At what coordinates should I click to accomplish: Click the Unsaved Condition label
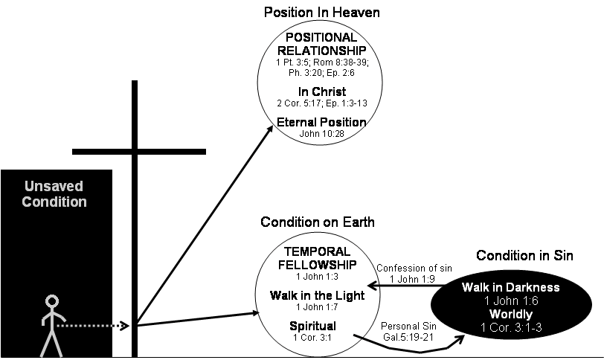coord(54,194)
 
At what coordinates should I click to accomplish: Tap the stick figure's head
coord(51,302)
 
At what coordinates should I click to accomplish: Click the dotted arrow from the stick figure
coord(93,325)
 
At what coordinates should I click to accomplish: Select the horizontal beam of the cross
coord(139,151)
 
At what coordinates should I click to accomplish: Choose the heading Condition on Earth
coord(317,222)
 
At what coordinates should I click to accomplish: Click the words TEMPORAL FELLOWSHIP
coord(317,258)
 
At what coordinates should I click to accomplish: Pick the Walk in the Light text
coord(317,295)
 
